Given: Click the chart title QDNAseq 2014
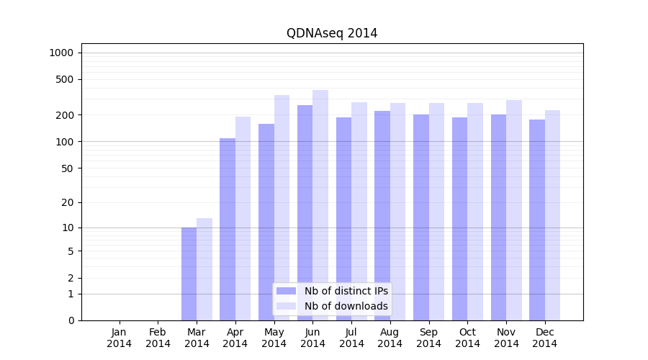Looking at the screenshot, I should [332, 33].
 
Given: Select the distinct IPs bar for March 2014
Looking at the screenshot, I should [189, 274].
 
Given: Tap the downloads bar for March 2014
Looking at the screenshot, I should [204, 269].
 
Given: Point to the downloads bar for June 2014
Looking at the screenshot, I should [320, 205].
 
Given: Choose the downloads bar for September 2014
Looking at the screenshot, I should [436, 212].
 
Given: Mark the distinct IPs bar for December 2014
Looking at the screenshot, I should [537, 220].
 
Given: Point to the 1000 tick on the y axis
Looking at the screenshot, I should [61, 53].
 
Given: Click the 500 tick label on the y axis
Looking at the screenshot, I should [66, 79].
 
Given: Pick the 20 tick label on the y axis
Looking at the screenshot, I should [68, 202].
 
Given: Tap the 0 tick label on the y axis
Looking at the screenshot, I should [71, 320].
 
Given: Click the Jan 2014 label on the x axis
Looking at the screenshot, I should [120, 338].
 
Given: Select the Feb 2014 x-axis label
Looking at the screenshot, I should [158, 338].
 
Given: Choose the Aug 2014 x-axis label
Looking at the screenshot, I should [390, 338].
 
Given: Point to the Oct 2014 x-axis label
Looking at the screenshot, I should [467, 338].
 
